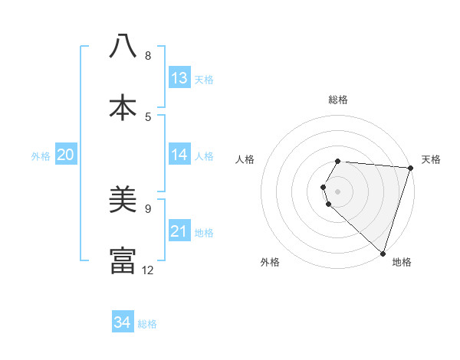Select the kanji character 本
(123, 107)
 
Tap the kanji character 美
(123, 200)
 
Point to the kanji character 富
(123, 261)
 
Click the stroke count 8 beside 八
(148, 56)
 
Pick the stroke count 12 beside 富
(148, 270)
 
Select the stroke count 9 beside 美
(148, 208)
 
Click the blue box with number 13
(179, 78)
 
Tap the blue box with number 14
(179, 155)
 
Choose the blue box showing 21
(179, 231)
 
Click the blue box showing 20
(66, 155)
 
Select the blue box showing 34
(123, 322)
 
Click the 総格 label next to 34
(147, 324)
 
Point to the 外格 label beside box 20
(41, 156)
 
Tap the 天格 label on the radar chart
(431, 159)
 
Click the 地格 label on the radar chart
(402, 262)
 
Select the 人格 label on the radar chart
(245, 159)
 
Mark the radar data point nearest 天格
(410, 168)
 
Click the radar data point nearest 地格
(382, 252)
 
